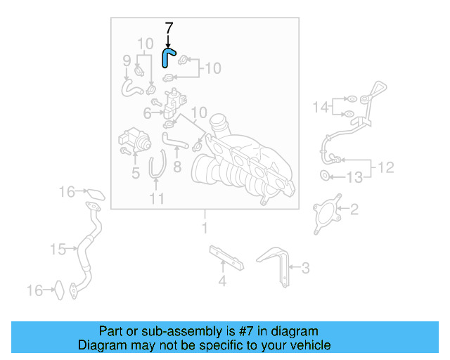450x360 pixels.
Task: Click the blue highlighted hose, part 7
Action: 168,56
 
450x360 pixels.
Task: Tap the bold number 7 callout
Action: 168,29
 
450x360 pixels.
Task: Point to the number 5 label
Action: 136,171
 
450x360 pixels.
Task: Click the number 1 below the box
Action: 205,228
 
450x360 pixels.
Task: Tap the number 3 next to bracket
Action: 305,267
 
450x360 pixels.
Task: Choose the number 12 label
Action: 387,167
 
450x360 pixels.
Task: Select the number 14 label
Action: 321,107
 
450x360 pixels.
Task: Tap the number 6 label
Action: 147,113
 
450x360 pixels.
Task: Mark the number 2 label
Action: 354,208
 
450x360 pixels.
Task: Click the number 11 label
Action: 156,199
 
